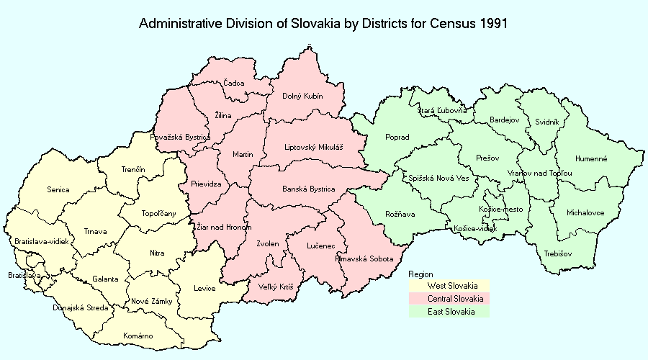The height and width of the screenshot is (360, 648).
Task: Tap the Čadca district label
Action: pos(233,84)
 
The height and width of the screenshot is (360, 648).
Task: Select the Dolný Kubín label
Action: pos(302,96)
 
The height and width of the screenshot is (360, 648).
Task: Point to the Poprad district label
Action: pos(397,137)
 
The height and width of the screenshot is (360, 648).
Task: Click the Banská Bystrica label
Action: pos(308,189)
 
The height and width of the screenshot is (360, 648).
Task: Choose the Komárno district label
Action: pos(138,336)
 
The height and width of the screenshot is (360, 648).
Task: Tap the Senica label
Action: pos(58,190)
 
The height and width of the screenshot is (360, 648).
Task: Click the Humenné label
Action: pos(591,158)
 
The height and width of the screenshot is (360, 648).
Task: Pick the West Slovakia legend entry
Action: pos(451,286)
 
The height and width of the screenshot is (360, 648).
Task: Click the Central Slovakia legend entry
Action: pos(454,299)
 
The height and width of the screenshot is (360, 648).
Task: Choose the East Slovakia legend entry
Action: pos(451,311)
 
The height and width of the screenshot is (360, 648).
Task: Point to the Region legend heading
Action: pos(420,274)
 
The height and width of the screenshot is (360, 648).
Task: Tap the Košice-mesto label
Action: pos(500,209)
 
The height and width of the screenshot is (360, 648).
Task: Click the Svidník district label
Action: pos(546,122)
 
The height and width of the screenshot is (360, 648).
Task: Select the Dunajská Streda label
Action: pos(81,308)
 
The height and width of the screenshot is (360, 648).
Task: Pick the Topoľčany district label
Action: pos(157,213)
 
